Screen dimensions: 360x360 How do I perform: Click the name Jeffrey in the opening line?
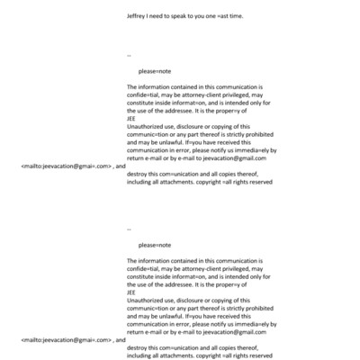[139, 16]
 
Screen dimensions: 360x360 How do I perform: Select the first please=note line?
[155, 69]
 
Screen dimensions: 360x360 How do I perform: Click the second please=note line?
[155, 245]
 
